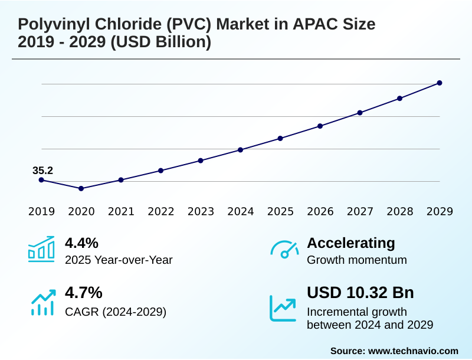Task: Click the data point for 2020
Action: pyautogui.click(x=81, y=188)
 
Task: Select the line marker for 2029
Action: pyautogui.click(x=440, y=83)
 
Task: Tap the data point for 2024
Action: pyautogui.click(x=241, y=150)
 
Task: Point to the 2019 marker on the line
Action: pyautogui.click(x=41, y=180)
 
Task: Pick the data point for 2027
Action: pyautogui.click(x=360, y=113)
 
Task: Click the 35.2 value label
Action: pyautogui.click(x=42, y=171)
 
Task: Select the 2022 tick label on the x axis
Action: pyautogui.click(x=161, y=212)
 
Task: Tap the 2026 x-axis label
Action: pyautogui.click(x=320, y=212)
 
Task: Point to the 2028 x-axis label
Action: pyautogui.click(x=400, y=212)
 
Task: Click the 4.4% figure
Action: pyautogui.click(x=81, y=243)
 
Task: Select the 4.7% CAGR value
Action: pyautogui.click(x=83, y=293)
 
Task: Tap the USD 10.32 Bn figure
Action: pyautogui.click(x=360, y=293)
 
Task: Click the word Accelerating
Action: pyautogui.click(x=351, y=243)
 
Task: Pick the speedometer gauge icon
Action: pyautogui.click(x=284, y=250)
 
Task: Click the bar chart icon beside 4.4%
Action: pyautogui.click(x=41, y=249)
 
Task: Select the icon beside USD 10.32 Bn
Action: pyautogui.click(x=284, y=307)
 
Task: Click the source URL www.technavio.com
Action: pyautogui.click(x=413, y=351)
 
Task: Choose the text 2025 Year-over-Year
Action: pyautogui.click(x=119, y=260)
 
